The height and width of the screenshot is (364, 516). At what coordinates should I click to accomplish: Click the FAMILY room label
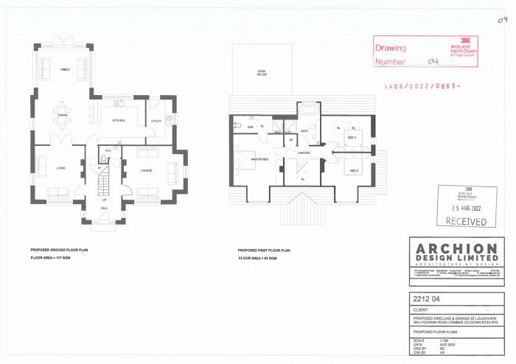pyautogui.click(x=65, y=70)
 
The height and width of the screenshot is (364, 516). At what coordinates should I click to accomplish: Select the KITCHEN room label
pyautogui.click(x=118, y=120)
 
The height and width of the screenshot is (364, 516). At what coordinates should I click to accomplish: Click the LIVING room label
pyautogui.click(x=60, y=169)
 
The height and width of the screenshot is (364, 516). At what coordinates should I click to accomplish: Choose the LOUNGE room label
pyautogui.click(x=146, y=169)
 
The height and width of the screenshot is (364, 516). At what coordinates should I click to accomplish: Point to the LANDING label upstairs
pyautogui.click(x=303, y=153)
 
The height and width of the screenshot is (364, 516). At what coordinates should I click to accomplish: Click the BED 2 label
pyautogui.click(x=354, y=170)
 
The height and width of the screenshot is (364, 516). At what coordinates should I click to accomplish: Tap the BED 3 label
pyautogui.click(x=352, y=138)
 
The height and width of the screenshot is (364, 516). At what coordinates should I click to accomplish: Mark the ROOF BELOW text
pyautogui.click(x=262, y=73)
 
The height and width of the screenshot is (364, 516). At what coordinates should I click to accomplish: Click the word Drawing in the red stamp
pyautogui.click(x=391, y=48)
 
